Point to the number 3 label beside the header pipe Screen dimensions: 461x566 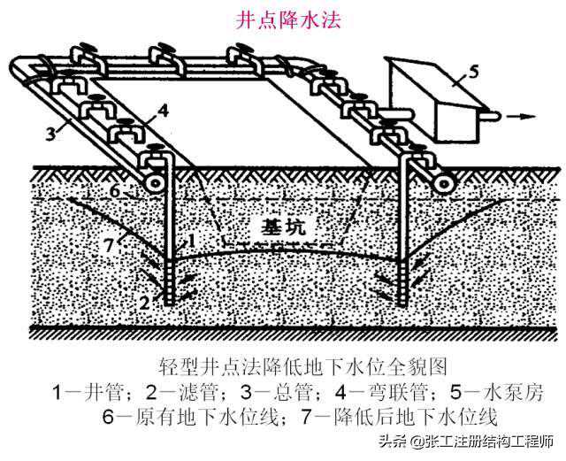(56, 134)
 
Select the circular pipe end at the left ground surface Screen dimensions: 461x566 (156, 181)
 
